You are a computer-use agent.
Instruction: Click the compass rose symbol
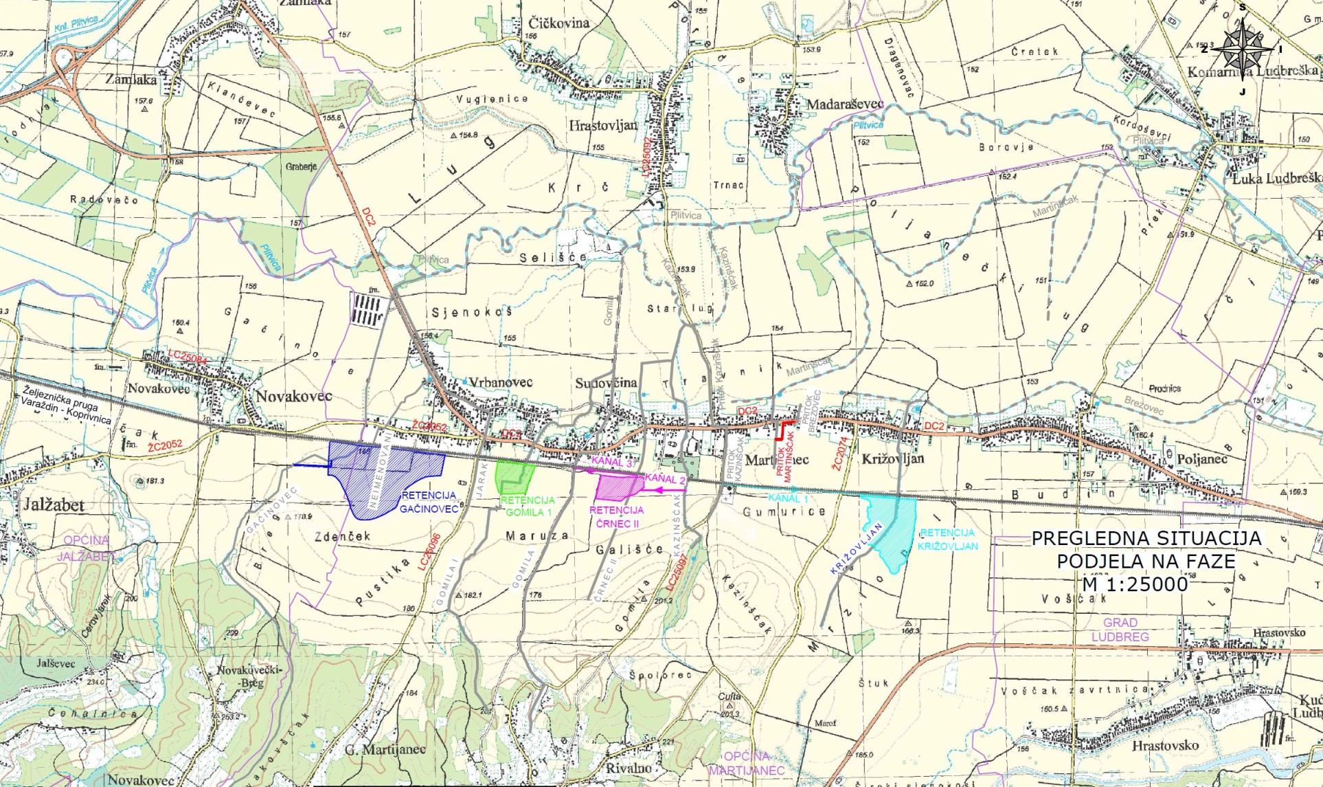[x=1243, y=47]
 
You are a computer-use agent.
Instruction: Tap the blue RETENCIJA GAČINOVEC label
[x=429, y=502]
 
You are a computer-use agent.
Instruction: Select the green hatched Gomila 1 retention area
[x=514, y=474]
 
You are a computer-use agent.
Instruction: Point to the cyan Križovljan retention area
[x=890, y=529]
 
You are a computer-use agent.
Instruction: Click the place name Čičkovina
[x=558, y=23]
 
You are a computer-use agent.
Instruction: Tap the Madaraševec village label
[x=845, y=104]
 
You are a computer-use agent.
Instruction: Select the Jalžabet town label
[x=54, y=505]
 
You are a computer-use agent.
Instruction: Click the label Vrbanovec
[x=500, y=382]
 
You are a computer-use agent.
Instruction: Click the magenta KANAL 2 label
[x=665, y=479]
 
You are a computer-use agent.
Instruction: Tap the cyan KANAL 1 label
[x=788, y=498]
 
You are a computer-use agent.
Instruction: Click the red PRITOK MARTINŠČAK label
[x=784, y=456]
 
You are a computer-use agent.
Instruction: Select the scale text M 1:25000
[x=1135, y=584]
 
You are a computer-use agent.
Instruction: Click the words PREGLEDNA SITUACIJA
[x=1146, y=538]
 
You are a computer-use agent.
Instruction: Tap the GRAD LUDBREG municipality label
[x=1120, y=630]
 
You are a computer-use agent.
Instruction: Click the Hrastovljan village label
[x=603, y=126]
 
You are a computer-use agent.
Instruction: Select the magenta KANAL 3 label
[x=611, y=462]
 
